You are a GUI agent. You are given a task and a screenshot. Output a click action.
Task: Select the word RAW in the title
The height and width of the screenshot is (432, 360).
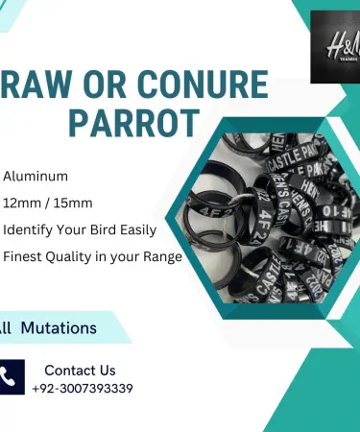click(36, 85)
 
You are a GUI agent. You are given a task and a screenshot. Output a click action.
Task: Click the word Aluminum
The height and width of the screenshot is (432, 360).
click(36, 178)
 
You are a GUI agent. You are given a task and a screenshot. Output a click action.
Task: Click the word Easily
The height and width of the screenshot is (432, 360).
click(145, 230)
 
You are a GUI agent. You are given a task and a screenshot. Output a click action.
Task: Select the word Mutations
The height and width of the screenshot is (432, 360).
click(60, 327)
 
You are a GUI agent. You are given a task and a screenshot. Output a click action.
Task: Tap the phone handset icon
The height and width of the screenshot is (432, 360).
click(12, 377)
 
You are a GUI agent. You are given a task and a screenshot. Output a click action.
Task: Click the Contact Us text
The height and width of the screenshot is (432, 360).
click(80, 370)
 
